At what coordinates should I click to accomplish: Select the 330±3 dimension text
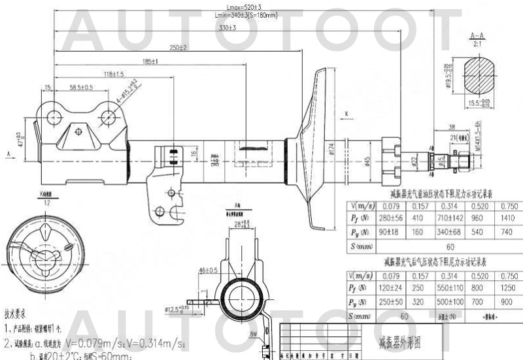[227, 28]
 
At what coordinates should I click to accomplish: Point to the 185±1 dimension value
[150, 61]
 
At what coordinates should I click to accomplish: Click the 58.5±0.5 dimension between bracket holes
[81, 87]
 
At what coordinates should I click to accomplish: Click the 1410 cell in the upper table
[507, 219]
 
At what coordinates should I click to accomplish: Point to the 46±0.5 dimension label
[208, 270]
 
